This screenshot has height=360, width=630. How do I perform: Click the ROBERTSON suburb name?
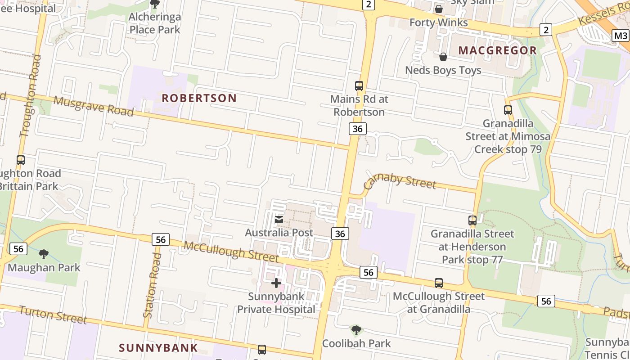point(199,98)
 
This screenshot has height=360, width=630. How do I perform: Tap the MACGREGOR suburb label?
point(498,50)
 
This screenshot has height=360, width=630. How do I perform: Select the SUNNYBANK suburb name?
point(158,347)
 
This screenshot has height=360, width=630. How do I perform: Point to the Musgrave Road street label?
point(93,106)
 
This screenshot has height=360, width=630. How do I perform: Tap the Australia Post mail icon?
point(279,220)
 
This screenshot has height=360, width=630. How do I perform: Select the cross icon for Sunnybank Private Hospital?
point(276,283)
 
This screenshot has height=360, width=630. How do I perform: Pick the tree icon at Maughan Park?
point(44,255)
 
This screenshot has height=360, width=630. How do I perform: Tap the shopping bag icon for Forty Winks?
point(439,9)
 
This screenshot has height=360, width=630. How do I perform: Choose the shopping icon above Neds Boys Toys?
point(443,57)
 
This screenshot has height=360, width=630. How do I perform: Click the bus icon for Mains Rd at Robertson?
point(359,85)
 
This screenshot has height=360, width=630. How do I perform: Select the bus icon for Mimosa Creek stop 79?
point(508,110)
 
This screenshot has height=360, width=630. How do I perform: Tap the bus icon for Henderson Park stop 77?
point(472,220)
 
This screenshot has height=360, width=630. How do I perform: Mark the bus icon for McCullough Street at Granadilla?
point(439,283)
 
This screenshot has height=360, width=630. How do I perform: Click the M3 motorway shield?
point(621,36)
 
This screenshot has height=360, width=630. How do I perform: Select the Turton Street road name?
point(53,315)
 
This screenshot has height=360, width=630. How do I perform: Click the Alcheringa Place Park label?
point(154,23)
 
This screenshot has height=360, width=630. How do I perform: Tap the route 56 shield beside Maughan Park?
point(18,248)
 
